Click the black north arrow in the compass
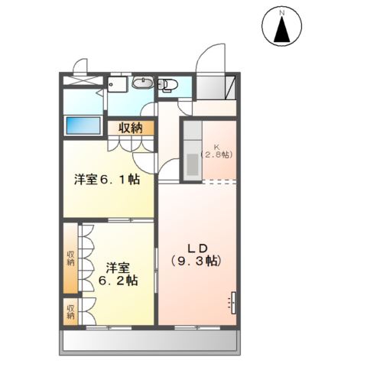[282, 30]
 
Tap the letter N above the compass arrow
[282, 13]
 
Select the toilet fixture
[167, 85]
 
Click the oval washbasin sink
[143, 83]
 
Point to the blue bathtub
[83, 125]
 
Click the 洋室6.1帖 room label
[107, 180]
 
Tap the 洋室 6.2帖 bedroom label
[118, 274]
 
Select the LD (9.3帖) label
[196, 255]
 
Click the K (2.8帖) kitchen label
[217, 151]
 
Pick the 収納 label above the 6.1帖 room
[131, 128]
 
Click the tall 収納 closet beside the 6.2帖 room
[70, 258]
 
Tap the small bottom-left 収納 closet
[70, 312]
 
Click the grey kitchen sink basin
[193, 164]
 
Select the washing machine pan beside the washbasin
[117, 84]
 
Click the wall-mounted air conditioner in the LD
[233, 302]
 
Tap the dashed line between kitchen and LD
[219, 182]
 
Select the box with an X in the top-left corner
[83, 80]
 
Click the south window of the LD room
[197, 327]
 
